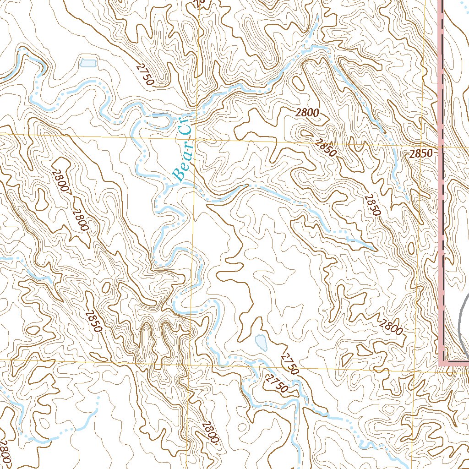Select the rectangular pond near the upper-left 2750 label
pyautogui.click(x=87, y=63)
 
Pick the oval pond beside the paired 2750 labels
pyautogui.click(x=261, y=342)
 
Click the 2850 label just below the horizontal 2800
pyautogui.click(x=326, y=147)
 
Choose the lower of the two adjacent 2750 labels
pyautogui.click(x=276, y=384)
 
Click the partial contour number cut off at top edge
pyautogui.click(x=198, y=4)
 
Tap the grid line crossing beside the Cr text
pyautogui.click(x=196, y=137)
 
